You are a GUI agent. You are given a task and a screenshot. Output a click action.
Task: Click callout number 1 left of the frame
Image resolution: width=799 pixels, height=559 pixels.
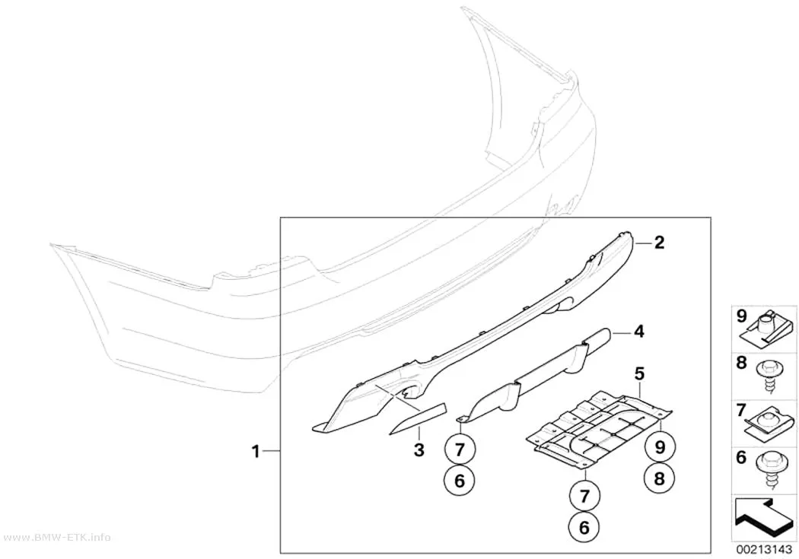click(256, 451)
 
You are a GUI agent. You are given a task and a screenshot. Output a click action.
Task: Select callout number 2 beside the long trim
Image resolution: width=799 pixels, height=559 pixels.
click(660, 243)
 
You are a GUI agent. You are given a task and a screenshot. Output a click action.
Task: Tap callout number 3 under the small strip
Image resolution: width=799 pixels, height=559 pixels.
click(419, 449)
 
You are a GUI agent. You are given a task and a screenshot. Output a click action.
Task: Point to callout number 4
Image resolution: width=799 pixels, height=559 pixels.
click(639, 332)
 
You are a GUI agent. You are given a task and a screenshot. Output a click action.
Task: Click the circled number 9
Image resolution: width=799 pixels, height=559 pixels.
click(660, 447)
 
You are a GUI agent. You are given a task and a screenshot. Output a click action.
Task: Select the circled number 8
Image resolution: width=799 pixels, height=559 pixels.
click(660, 478)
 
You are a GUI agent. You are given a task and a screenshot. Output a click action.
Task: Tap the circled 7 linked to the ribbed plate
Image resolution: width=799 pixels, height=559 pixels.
click(584, 495)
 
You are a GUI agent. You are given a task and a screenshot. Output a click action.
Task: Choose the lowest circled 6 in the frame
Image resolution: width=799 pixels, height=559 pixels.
click(584, 527)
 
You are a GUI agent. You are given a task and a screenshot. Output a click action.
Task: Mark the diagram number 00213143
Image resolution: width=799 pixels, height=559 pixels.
click(763, 551)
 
